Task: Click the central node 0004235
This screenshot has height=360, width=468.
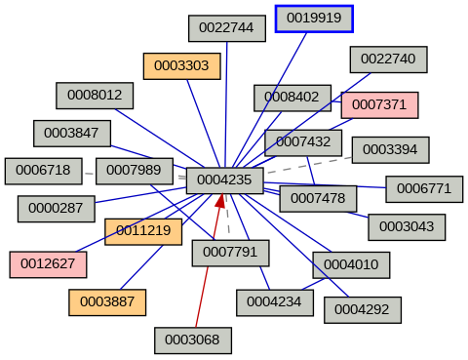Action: click(x=224, y=180)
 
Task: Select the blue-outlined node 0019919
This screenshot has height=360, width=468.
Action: click(x=314, y=19)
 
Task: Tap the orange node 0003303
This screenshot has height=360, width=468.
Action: click(x=181, y=66)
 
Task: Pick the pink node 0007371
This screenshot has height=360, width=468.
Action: click(x=379, y=104)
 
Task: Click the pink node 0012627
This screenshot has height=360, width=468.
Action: click(x=48, y=263)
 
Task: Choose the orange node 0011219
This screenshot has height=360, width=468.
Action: click(x=143, y=231)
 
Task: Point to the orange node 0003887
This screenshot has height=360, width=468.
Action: click(x=107, y=302)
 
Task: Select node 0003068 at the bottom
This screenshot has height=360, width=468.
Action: click(x=193, y=340)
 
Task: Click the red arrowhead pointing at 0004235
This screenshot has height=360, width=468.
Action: click(x=221, y=201)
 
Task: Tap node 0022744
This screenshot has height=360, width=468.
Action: click(x=226, y=28)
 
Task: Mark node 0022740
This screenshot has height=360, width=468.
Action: click(x=388, y=60)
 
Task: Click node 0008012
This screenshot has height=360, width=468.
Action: click(x=95, y=95)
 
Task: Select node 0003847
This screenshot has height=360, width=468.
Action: click(x=72, y=133)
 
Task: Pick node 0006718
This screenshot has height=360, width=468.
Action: click(x=43, y=171)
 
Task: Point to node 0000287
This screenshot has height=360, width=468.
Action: click(x=56, y=208)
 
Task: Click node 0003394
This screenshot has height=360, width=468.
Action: click(x=390, y=149)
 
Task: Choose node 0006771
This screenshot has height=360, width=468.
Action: click(x=424, y=188)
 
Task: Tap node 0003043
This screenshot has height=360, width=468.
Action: click(x=407, y=226)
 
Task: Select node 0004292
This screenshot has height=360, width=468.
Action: click(x=362, y=309)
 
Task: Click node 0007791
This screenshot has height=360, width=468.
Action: click(x=230, y=253)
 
